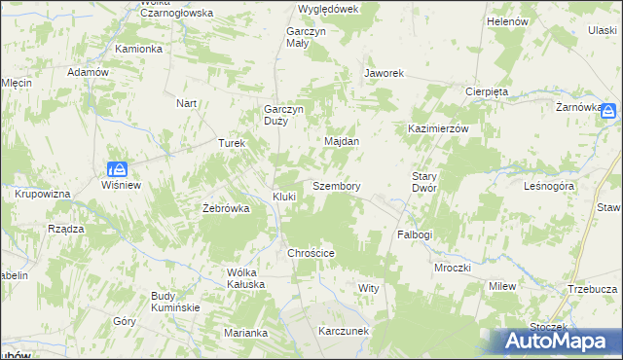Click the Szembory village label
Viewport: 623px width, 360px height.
(337, 185)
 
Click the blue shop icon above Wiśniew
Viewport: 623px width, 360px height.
(117, 168)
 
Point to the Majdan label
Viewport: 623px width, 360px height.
(342, 141)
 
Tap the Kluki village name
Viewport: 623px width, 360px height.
(284, 197)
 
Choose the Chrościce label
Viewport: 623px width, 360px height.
(311, 253)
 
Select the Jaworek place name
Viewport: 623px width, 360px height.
(384, 73)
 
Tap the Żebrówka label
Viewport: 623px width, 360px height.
(226, 208)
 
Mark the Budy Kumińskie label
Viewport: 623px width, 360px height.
(175, 302)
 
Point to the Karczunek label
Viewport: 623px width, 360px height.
(344, 331)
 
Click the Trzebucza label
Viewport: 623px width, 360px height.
(592, 289)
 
